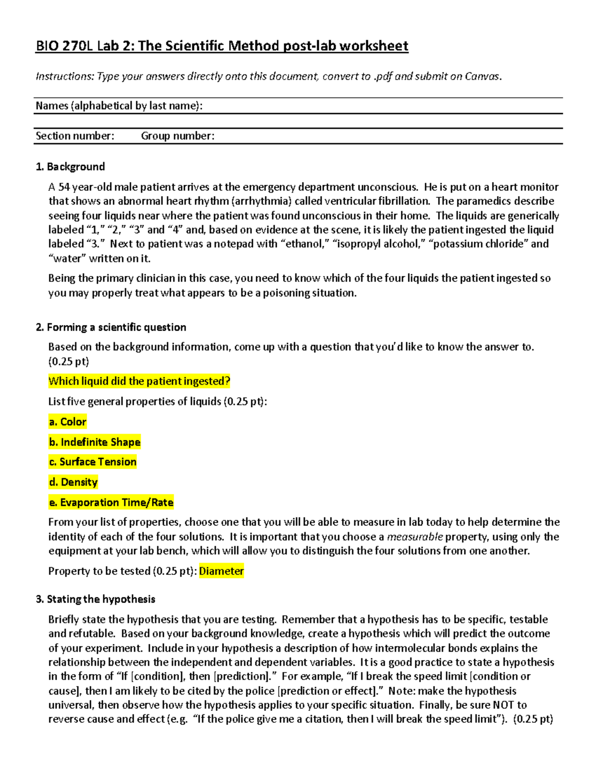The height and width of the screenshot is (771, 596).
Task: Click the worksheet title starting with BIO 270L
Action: coord(222,46)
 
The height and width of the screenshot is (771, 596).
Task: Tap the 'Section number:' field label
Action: coord(74,136)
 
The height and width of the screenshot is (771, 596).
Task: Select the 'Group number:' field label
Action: coord(177,136)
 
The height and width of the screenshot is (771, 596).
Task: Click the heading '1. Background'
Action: coord(70,167)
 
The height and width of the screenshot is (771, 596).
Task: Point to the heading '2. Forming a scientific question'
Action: coord(111,327)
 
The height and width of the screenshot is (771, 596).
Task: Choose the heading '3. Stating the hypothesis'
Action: coord(95,599)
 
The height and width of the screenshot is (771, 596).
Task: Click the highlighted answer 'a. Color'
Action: coord(68,422)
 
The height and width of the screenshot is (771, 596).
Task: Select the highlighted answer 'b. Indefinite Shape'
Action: coord(94,442)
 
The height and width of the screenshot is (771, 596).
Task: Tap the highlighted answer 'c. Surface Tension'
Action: coord(92,462)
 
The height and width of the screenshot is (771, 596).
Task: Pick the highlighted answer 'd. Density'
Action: coord(73,482)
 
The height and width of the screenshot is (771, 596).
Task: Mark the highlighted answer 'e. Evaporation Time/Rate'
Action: coord(111,502)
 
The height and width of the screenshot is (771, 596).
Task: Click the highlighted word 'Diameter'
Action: coord(222,571)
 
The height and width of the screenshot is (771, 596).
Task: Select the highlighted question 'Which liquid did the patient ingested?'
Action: coord(139,381)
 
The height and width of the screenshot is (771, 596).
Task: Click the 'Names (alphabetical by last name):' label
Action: coord(119,106)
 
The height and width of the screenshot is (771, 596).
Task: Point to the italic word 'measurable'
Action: coord(415,537)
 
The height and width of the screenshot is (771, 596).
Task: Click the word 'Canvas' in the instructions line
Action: coord(482,76)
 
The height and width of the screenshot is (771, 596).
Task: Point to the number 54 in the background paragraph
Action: coord(64,187)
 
